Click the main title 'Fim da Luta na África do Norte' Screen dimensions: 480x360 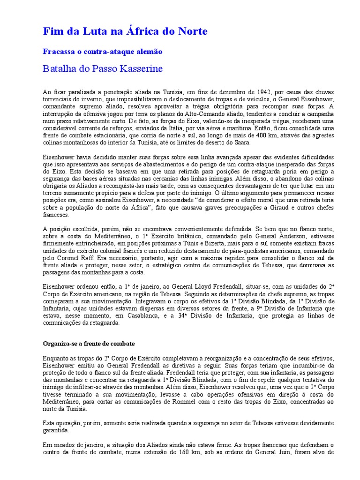[125, 31]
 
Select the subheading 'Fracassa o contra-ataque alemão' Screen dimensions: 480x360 [103, 51]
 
